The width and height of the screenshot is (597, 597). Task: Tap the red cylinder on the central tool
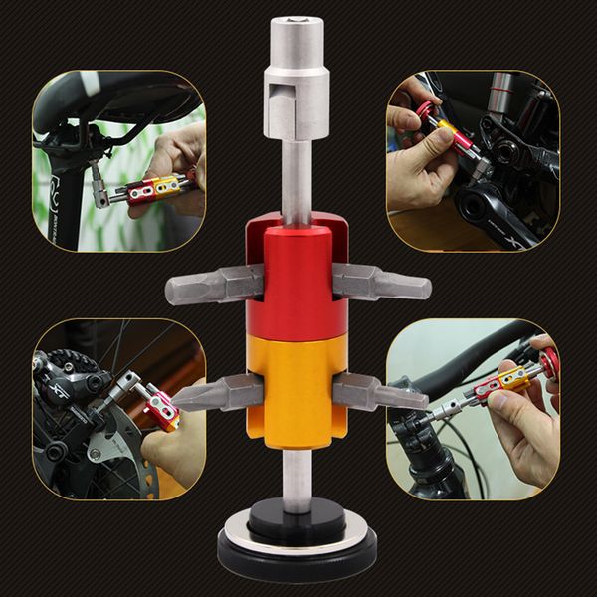(297, 279)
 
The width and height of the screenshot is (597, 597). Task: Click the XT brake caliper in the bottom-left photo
(75, 383)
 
